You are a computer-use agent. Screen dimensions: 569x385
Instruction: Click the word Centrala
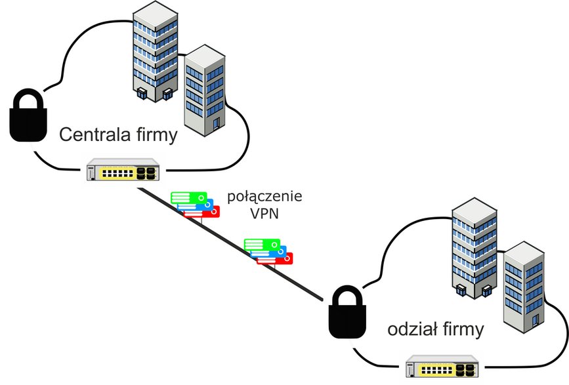(x=95, y=134)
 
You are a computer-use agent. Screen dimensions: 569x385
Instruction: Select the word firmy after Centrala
(x=157, y=136)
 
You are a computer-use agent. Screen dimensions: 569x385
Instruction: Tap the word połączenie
(x=264, y=197)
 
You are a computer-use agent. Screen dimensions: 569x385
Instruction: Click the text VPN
(x=264, y=214)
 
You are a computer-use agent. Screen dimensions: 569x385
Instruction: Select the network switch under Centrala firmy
(x=123, y=170)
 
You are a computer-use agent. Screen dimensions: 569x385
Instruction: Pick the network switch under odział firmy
(x=442, y=366)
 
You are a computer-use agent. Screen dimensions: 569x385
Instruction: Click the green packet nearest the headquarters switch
(x=189, y=198)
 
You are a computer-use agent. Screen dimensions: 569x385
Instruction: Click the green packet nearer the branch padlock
(x=262, y=245)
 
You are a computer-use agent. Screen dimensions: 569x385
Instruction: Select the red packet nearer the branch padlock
(x=275, y=258)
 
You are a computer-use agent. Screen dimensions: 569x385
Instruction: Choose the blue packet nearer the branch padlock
(x=269, y=251)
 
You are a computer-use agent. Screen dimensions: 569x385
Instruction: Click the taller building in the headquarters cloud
(x=156, y=51)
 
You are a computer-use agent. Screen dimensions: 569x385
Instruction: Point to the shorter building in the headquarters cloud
(x=205, y=91)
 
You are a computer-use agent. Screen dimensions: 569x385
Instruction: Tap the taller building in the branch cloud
(x=474, y=249)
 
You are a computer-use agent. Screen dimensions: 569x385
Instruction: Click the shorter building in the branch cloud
(x=524, y=287)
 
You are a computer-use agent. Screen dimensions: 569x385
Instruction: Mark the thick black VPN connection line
(x=230, y=245)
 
